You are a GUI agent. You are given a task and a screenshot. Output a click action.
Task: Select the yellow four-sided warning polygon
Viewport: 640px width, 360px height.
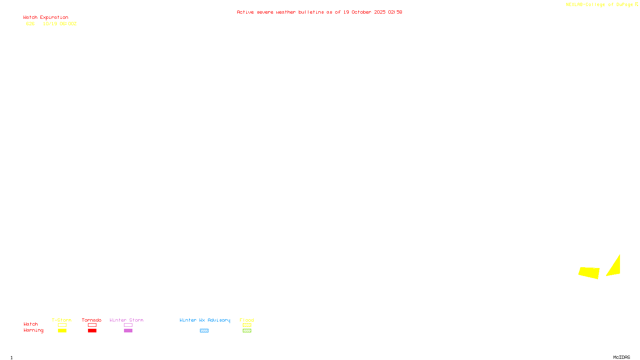click(x=589, y=272)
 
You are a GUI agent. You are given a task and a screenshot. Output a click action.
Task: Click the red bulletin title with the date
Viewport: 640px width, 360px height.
click(x=319, y=12)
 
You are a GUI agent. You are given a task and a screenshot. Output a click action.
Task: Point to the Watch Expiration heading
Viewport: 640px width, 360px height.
click(x=46, y=17)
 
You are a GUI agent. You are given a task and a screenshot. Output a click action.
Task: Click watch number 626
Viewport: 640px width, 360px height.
click(x=30, y=24)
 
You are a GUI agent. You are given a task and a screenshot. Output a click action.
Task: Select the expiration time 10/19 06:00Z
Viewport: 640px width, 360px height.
click(x=60, y=24)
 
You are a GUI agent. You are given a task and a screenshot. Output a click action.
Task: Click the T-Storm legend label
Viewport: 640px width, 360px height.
click(x=62, y=320)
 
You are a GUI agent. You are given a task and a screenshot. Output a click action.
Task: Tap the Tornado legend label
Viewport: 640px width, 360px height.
click(x=92, y=320)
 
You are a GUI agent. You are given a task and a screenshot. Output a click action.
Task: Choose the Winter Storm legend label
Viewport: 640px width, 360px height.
click(x=126, y=320)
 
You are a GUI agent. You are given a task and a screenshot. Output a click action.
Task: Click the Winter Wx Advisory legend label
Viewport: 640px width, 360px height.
click(x=205, y=320)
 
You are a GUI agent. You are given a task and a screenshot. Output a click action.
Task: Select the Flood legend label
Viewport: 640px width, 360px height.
click(x=247, y=320)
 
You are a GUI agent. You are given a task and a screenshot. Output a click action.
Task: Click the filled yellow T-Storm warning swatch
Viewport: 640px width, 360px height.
click(x=62, y=331)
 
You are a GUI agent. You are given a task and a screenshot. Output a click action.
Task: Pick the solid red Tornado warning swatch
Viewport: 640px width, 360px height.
click(x=92, y=331)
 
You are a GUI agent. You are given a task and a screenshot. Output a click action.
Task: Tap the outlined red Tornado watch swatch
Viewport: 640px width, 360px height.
click(x=92, y=325)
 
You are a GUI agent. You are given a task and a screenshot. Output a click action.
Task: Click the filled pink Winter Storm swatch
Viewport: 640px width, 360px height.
click(x=128, y=331)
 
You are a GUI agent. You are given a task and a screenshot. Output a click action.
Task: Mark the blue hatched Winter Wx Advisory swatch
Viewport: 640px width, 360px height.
click(x=204, y=331)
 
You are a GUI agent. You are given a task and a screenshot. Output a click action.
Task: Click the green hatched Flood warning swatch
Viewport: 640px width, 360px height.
click(x=247, y=331)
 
